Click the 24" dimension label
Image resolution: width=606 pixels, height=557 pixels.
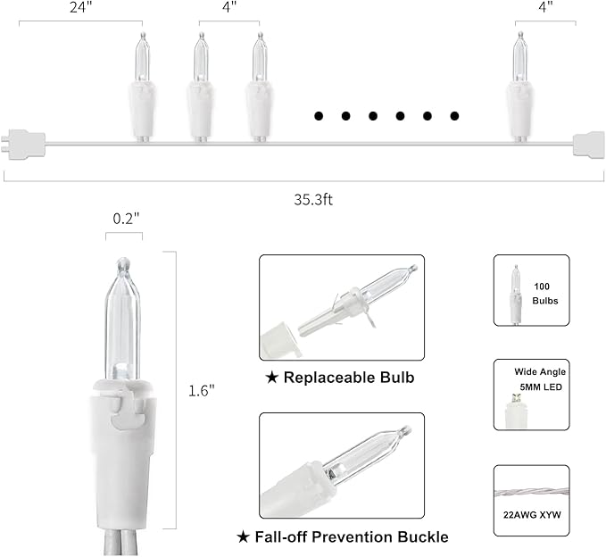79,7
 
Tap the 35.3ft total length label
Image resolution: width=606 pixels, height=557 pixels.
313,200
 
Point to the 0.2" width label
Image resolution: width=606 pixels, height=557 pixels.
126,220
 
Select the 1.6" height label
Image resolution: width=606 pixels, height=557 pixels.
202,391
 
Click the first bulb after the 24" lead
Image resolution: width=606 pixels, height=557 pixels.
143,87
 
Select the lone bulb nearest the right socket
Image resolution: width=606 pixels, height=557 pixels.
520,87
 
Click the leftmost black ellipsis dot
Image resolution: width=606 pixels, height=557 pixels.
319,115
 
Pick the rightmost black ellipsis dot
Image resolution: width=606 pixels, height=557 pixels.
454,115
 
